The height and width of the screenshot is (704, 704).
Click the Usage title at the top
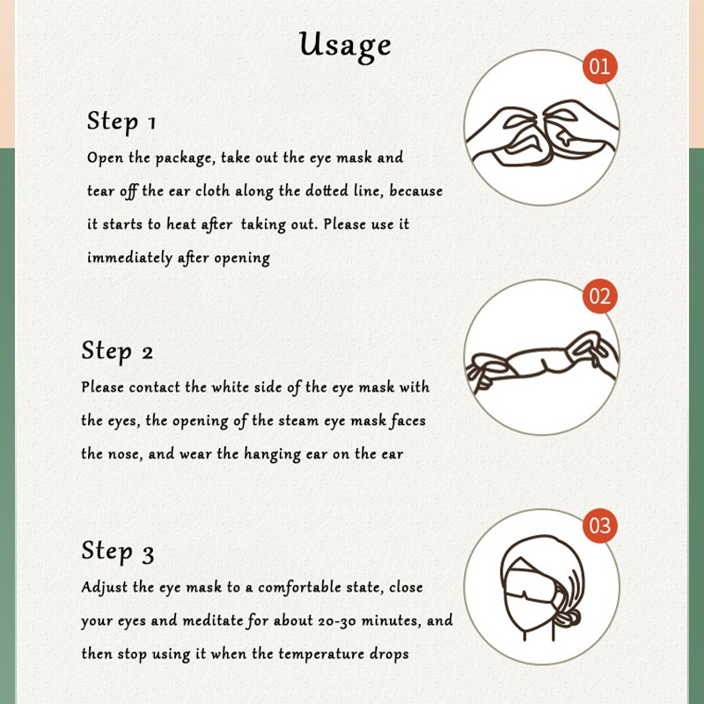pos(345,46)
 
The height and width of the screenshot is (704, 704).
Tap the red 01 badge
pos(600,67)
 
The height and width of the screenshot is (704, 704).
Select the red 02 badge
pos(600,297)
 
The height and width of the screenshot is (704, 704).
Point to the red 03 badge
pos(600,525)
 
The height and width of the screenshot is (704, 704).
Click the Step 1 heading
pos(121,121)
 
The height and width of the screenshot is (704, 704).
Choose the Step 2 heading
pos(117,350)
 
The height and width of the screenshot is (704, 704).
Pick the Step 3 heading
pos(118,551)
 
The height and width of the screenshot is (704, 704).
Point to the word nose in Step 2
pos(126,454)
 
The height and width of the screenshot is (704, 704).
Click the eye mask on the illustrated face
pos(530,583)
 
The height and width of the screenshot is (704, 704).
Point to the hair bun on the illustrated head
pos(568,620)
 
